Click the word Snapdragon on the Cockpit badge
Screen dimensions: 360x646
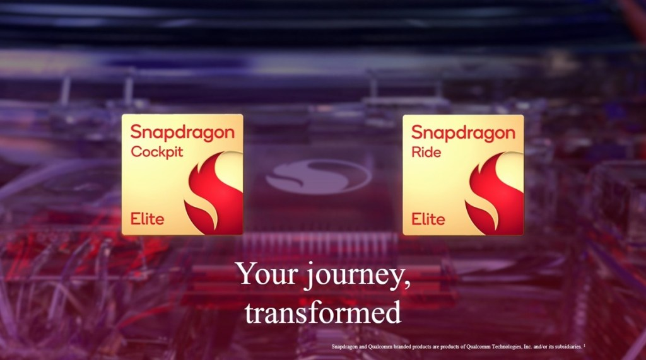coord(182,133)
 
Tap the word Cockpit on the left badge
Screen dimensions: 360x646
coord(155,152)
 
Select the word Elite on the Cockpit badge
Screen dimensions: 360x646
coord(147,219)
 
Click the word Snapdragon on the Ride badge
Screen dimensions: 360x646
coord(463,133)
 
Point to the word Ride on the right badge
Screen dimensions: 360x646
coord(426,152)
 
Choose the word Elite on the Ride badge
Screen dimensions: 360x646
coord(428,219)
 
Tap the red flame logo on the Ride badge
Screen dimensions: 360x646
coord(495,192)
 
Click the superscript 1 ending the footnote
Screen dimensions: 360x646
coord(585,345)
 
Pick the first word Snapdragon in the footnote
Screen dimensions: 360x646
coord(345,347)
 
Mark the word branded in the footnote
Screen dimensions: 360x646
coord(404,347)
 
